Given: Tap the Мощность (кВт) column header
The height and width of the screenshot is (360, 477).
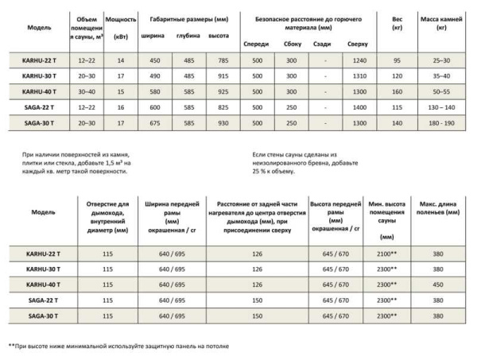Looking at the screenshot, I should pos(121,21).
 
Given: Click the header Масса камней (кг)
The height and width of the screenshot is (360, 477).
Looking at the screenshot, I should pos(441,21).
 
